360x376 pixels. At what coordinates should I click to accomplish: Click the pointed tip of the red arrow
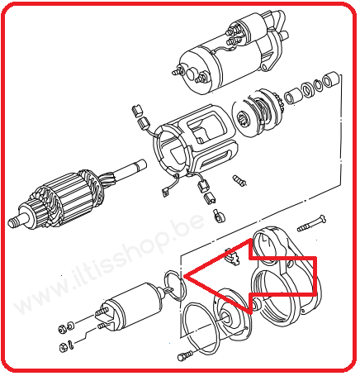183,276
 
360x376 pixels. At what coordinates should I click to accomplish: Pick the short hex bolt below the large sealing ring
185,355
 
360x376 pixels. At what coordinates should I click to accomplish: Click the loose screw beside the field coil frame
239,180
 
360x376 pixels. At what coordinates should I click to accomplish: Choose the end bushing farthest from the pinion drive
331,79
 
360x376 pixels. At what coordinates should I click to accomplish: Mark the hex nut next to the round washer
62,328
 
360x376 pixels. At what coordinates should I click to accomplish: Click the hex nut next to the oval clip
64,347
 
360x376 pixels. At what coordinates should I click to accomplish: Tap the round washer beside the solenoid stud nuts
70,326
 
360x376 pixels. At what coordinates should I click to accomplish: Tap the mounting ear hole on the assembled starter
264,67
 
